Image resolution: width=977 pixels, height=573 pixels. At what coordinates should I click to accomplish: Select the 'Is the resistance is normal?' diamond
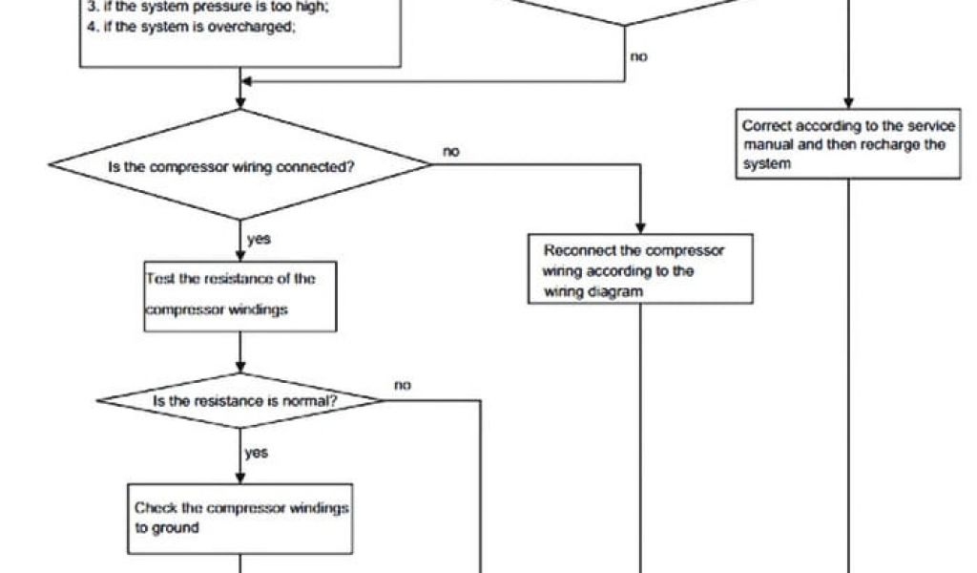(x=240, y=401)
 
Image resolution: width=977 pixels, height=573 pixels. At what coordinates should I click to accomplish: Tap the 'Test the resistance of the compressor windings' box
(x=239, y=296)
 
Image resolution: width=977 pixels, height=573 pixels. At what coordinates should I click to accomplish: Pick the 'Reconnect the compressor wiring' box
(x=639, y=269)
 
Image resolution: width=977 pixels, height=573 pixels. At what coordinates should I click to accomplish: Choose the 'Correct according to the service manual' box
(x=849, y=144)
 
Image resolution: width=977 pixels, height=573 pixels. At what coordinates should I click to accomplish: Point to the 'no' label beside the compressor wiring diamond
(x=451, y=150)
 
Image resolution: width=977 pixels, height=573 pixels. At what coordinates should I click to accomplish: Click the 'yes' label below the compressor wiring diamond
(x=258, y=239)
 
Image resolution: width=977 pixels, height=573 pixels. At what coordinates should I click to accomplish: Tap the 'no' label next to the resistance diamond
(x=402, y=385)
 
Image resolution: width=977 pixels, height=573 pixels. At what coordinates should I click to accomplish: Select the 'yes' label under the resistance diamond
(x=256, y=454)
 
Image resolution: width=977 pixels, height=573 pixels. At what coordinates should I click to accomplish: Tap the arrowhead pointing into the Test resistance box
(x=240, y=256)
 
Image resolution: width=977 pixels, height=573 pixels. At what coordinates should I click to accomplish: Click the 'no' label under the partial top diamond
(x=638, y=57)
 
